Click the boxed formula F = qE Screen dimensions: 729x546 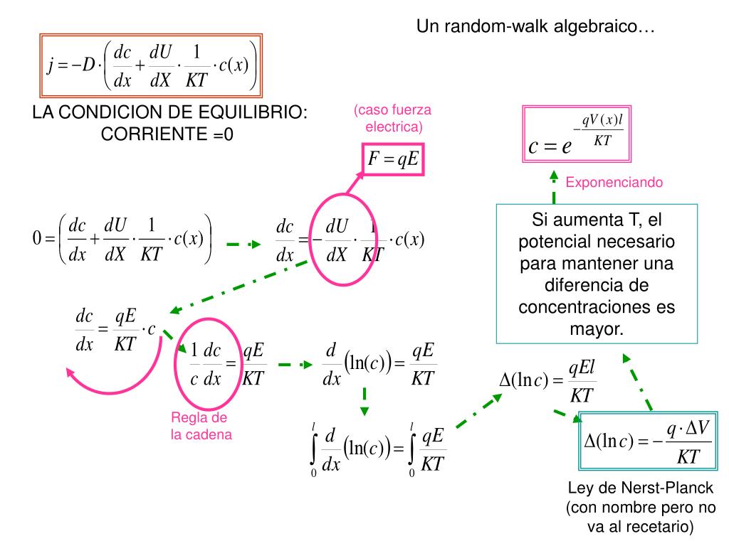click(x=393, y=159)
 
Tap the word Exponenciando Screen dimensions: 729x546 click(x=614, y=182)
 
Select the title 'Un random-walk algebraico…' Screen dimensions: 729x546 click(x=535, y=26)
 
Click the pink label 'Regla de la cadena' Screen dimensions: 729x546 click(x=201, y=426)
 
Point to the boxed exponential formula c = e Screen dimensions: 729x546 click(x=577, y=134)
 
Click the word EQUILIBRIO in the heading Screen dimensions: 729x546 click(x=253, y=112)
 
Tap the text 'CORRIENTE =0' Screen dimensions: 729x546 click(x=167, y=134)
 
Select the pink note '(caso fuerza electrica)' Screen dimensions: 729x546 click(x=393, y=118)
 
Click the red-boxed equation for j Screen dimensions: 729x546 click(x=151, y=65)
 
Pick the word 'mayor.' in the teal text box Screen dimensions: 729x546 click(x=597, y=328)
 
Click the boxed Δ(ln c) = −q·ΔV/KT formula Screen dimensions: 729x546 click(x=648, y=441)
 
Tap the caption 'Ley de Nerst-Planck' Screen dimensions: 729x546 click(x=640, y=488)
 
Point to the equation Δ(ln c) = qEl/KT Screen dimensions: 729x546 click(x=547, y=381)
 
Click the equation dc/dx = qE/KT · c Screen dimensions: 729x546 click(x=115, y=330)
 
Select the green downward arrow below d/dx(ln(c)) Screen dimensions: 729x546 click(x=364, y=401)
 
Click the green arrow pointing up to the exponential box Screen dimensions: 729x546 click(x=554, y=187)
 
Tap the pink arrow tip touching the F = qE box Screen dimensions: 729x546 click(x=362, y=173)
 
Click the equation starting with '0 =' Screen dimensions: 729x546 click(x=122, y=239)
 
